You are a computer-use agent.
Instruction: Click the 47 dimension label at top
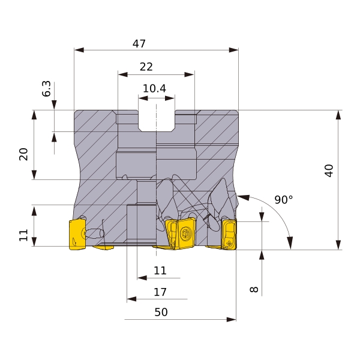(139, 43)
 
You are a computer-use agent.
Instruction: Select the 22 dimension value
(146, 67)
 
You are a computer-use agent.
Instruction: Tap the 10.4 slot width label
(154, 88)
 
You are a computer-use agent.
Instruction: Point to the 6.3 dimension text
(46, 89)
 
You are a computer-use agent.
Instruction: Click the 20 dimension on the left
(23, 154)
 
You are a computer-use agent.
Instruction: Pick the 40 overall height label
(329, 170)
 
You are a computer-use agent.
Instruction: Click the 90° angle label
(284, 200)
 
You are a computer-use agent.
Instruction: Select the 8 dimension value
(254, 289)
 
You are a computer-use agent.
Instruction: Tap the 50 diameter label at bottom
(161, 312)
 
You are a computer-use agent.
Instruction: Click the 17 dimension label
(160, 292)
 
